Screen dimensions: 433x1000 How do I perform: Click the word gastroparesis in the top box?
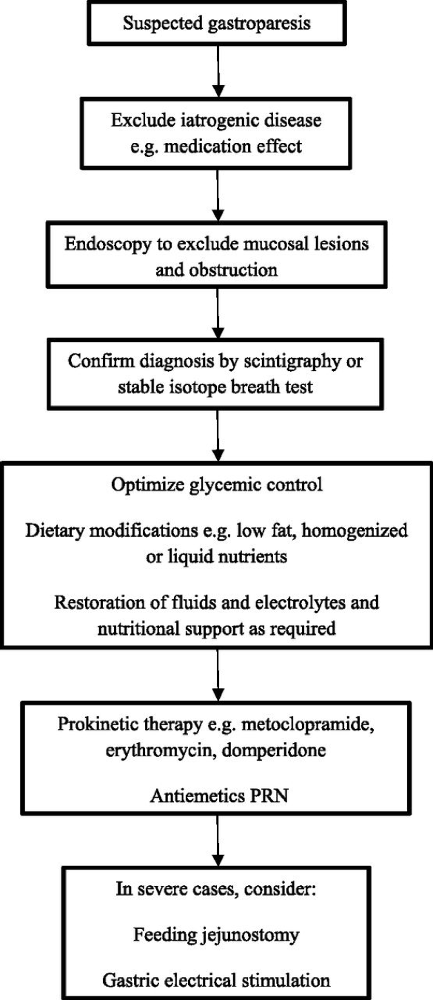coord(259,23)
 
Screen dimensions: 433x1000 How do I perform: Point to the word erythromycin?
coord(160,750)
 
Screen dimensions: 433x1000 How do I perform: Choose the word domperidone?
coord(274,750)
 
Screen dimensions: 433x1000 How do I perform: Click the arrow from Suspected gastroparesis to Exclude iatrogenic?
coord(218,70)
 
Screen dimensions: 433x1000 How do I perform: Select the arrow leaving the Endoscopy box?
coord(218,313)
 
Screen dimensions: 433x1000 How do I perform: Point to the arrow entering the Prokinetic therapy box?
coord(218,675)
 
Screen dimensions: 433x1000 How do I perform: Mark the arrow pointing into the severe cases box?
coord(218,841)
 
